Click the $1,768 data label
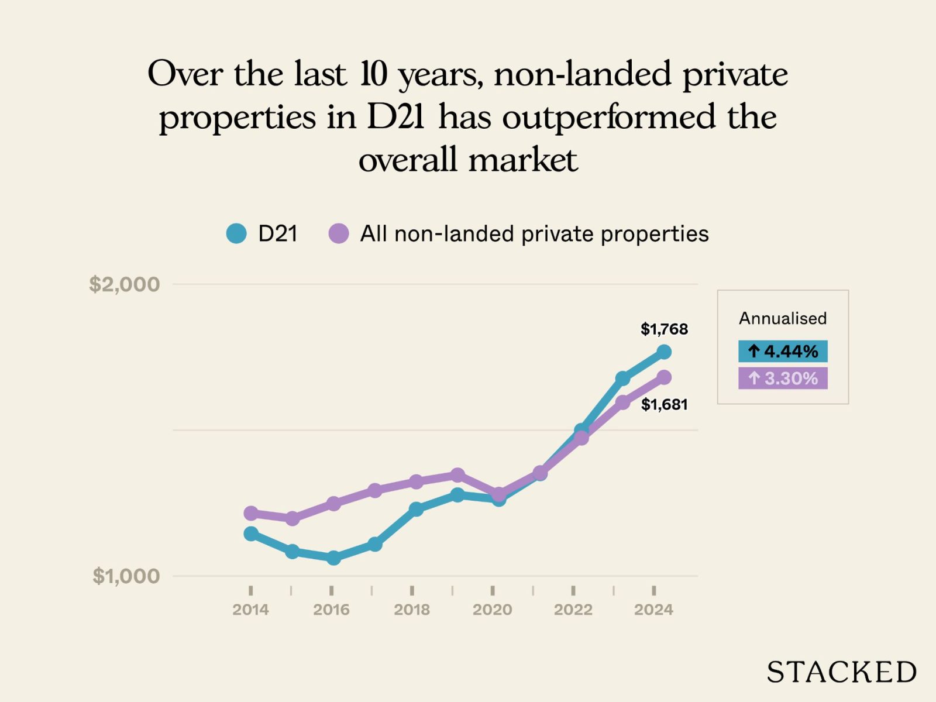(x=664, y=329)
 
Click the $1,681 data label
(x=664, y=404)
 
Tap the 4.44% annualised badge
(x=783, y=351)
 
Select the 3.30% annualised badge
(x=783, y=378)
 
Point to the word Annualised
(x=783, y=318)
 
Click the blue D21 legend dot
(x=236, y=233)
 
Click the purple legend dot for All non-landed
(x=339, y=233)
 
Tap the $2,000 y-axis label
(x=124, y=284)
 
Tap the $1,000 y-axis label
(x=126, y=576)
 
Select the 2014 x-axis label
(x=250, y=610)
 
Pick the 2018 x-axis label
(x=412, y=610)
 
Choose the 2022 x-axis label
(x=573, y=610)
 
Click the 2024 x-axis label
(x=653, y=610)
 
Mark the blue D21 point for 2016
(x=333, y=558)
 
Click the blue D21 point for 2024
(x=664, y=352)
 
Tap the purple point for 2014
(x=251, y=513)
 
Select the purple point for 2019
(x=457, y=474)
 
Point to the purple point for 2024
(x=664, y=377)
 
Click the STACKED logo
(x=841, y=672)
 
